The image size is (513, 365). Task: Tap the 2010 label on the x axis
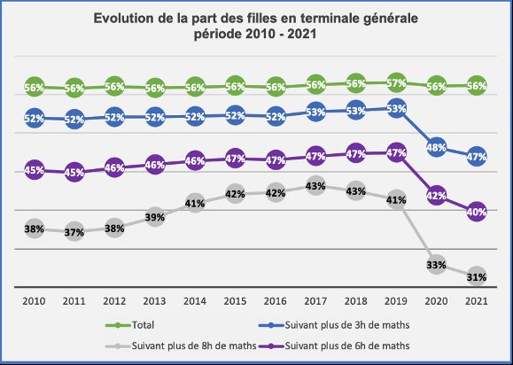35,300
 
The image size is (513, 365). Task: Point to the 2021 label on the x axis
477,300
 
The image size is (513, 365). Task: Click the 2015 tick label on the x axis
236,300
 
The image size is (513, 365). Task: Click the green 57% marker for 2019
396,83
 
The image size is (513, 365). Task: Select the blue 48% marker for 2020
437,148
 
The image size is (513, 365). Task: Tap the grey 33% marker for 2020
437,264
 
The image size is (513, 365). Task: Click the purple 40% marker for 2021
477,213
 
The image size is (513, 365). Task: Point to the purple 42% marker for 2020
437,196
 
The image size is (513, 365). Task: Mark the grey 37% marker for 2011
74,232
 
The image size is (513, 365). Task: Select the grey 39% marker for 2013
155,217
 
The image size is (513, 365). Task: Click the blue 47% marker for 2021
477,157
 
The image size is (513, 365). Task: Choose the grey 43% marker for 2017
316,186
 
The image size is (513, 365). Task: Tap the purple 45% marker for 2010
35,170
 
